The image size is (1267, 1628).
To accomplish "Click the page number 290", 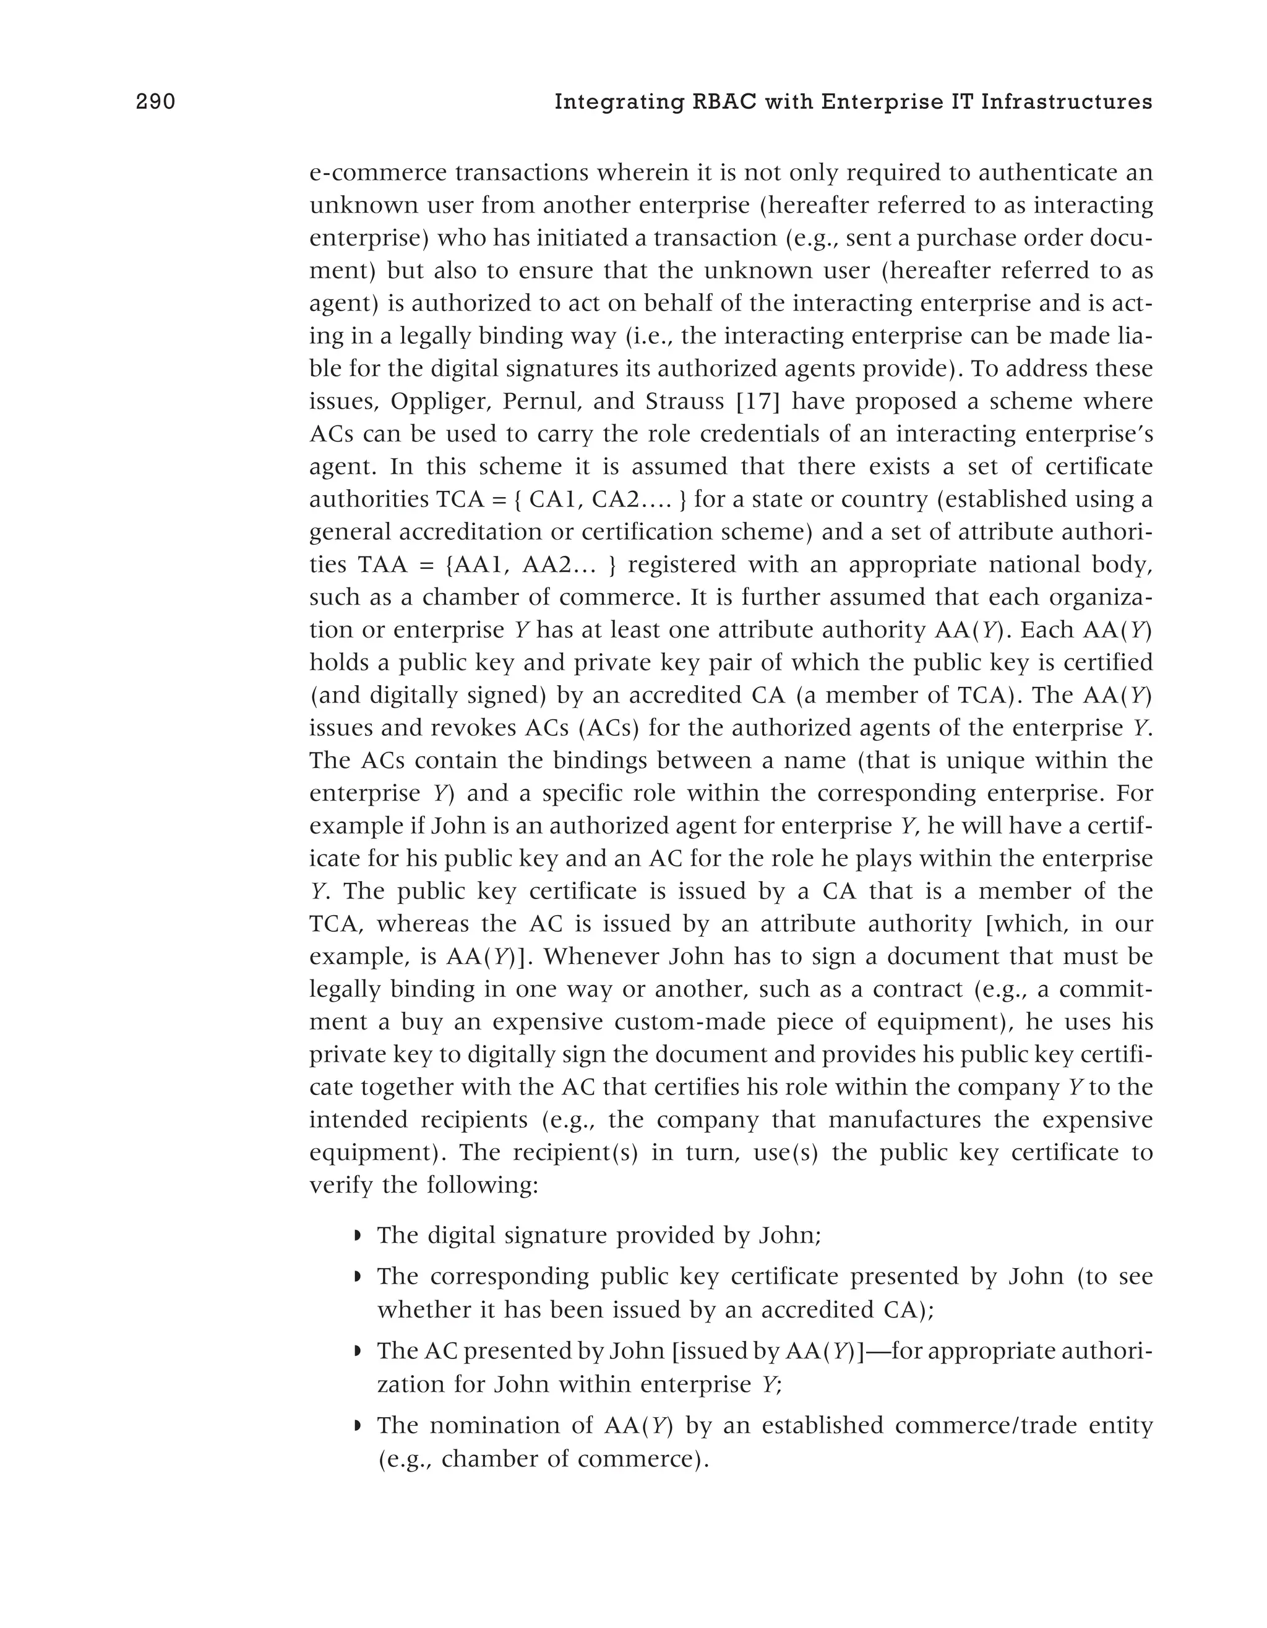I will click(x=155, y=101).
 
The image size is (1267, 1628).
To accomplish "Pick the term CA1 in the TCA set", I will click(x=552, y=500).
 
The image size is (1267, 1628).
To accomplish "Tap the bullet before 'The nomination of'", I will click(x=358, y=1426).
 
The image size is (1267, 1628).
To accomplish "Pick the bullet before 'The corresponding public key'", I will click(x=358, y=1277).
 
